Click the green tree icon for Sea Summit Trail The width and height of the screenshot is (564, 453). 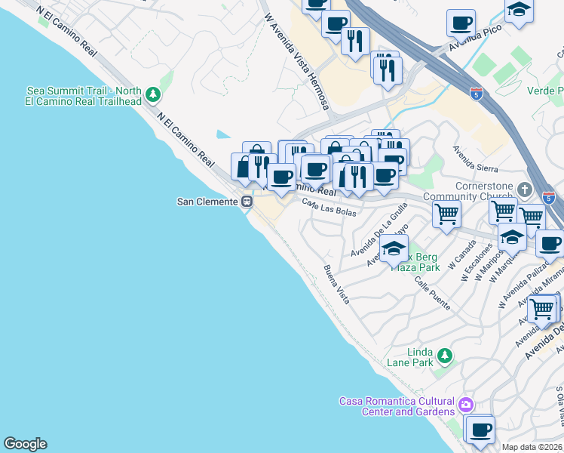click(x=154, y=94)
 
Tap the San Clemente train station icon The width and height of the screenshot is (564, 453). click(x=247, y=202)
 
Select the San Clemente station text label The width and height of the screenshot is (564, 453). click(x=207, y=202)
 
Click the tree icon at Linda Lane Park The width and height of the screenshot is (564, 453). click(x=445, y=355)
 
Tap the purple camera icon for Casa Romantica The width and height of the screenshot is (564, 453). click(x=466, y=405)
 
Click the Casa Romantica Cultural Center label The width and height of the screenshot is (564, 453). click(x=397, y=406)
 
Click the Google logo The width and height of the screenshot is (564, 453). click(x=25, y=444)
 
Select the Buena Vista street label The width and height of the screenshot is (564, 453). click(x=336, y=284)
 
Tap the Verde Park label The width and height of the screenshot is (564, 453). click(x=546, y=91)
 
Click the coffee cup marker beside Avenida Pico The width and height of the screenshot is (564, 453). click(x=460, y=23)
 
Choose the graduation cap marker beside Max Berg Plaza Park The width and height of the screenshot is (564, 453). click(x=394, y=248)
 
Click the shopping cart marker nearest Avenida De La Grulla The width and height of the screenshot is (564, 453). click(x=446, y=214)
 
